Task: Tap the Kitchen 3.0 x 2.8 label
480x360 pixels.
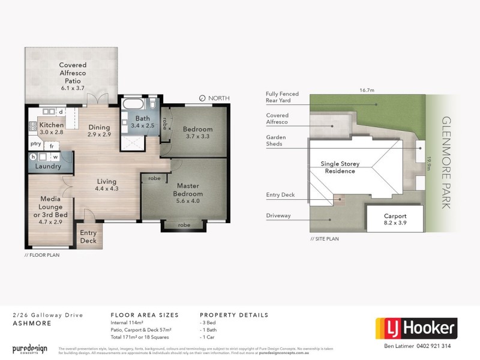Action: click(52, 128)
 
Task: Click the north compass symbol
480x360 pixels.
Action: click(202, 98)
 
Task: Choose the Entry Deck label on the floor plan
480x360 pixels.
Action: click(88, 237)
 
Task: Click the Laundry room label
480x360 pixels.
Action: click(48, 166)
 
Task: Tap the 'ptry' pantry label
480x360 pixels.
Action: click(35, 145)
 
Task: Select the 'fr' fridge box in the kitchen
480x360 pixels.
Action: click(52, 146)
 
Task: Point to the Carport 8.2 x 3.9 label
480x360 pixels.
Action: click(395, 219)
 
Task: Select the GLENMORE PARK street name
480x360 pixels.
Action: click(446, 162)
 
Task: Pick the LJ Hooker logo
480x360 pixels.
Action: click(416, 329)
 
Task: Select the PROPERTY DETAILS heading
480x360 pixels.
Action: click(233, 315)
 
